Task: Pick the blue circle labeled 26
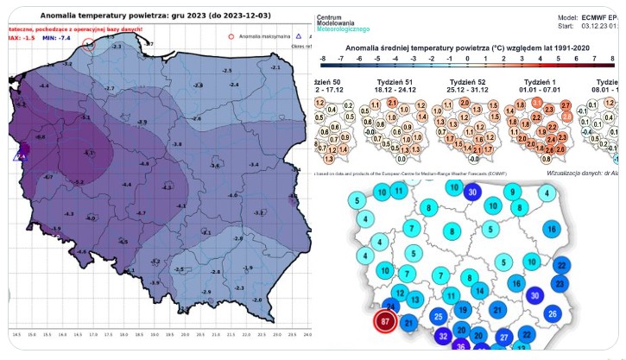click(x=553, y=313)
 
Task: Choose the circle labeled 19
click(x=462, y=310)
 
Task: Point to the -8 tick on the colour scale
click(x=322, y=58)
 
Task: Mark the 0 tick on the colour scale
click(x=466, y=58)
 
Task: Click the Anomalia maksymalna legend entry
click(x=258, y=36)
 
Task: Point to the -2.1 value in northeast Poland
click(x=275, y=66)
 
